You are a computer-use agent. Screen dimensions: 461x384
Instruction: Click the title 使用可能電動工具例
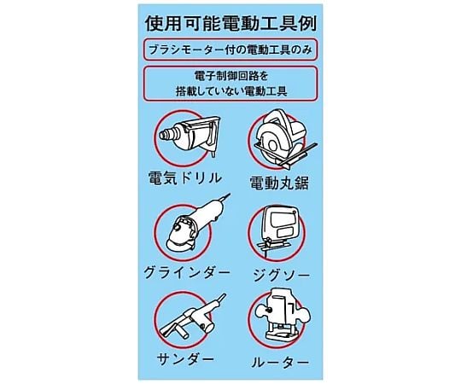click(230, 24)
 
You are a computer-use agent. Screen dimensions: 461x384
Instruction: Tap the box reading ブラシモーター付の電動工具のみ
click(230, 50)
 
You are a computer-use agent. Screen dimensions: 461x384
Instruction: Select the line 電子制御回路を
click(231, 76)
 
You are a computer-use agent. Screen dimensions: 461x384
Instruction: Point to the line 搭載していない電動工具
click(231, 91)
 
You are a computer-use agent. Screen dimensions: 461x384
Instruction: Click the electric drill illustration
click(189, 137)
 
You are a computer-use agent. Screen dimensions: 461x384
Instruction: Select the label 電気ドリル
click(184, 178)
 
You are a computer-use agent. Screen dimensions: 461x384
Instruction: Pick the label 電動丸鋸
click(278, 183)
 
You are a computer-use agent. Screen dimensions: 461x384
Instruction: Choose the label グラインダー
click(186, 273)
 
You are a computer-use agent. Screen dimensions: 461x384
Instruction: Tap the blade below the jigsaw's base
click(266, 252)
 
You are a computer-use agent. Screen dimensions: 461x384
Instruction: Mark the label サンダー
click(185, 359)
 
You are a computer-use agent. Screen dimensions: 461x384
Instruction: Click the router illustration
click(283, 318)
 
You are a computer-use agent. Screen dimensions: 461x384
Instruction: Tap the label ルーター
click(280, 362)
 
